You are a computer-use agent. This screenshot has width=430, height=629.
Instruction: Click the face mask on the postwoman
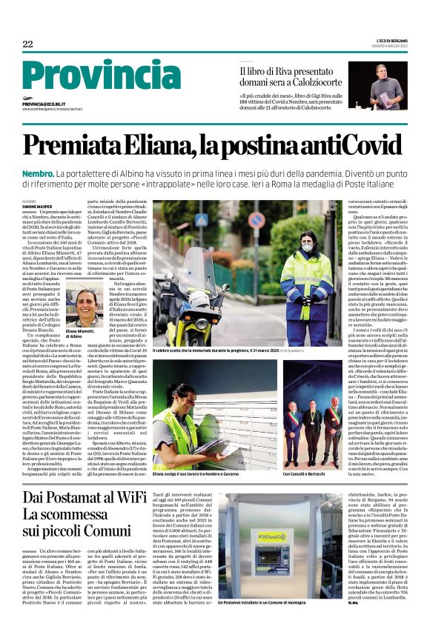click(286, 243)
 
